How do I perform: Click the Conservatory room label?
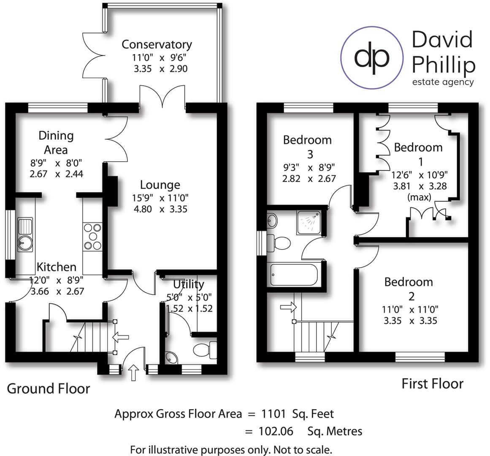click(157, 44)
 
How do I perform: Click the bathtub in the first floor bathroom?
click(294, 274)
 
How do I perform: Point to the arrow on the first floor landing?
click(288, 307)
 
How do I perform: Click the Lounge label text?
click(160, 185)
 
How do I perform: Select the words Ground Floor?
click(48, 388)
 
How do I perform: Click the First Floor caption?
click(432, 384)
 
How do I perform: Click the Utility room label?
click(189, 284)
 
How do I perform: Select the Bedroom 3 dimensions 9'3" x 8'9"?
click(309, 167)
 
